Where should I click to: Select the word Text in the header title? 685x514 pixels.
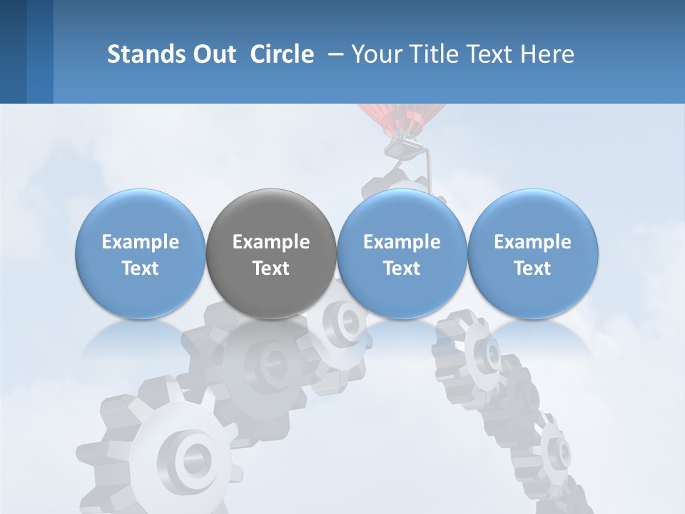pyautogui.click(x=490, y=54)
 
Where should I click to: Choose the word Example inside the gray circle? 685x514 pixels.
pyautogui.click(x=271, y=242)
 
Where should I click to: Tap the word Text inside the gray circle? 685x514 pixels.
pyautogui.click(x=271, y=268)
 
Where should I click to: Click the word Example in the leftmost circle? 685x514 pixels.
pyautogui.click(x=141, y=242)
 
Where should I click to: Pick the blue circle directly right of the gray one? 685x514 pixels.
pyautogui.click(x=402, y=254)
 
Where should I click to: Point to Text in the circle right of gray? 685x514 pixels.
pyautogui.click(x=402, y=268)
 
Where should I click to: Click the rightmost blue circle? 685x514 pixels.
pyautogui.click(x=532, y=254)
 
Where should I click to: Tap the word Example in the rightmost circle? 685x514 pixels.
pyautogui.click(x=532, y=242)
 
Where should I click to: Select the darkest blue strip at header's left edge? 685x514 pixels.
pyautogui.click(x=13, y=51)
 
